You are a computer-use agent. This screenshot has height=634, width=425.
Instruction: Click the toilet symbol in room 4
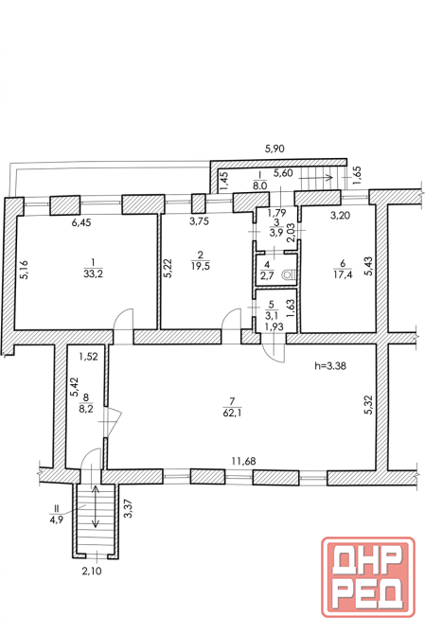tap(288, 274)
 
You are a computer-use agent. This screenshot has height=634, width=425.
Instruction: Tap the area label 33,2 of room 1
tap(93, 273)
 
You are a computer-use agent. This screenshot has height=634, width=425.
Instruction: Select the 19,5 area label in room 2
tap(200, 266)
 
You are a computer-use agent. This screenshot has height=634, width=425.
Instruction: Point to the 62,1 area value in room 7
tap(232, 414)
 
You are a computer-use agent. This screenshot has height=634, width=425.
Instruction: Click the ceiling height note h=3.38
tap(330, 366)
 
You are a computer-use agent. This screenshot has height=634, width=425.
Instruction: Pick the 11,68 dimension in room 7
tap(243, 461)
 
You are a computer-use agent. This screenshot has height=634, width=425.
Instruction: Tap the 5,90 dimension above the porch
tap(274, 149)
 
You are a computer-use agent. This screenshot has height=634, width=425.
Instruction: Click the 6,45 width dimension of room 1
tap(80, 222)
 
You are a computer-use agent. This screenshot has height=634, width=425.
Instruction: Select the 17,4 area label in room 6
tap(343, 273)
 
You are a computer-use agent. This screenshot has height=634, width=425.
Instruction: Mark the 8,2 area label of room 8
tap(86, 409)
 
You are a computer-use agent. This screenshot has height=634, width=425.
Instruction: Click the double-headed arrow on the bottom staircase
tap(95, 506)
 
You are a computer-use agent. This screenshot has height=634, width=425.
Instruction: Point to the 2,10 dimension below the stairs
tap(92, 571)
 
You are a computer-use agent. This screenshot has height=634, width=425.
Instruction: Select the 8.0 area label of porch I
tap(259, 185)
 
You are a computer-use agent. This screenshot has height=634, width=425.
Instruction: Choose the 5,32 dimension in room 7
tap(369, 405)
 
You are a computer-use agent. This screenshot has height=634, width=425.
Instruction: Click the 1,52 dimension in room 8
tap(89, 357)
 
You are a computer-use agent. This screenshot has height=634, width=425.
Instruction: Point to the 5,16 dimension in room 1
tap(25, 270)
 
